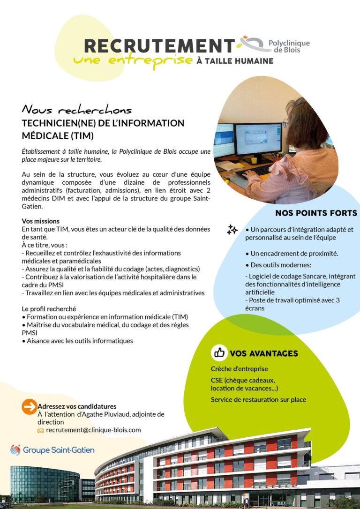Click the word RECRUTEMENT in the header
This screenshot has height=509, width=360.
[x=159, y=45]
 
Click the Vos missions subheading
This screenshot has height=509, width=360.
[x=41, y=221]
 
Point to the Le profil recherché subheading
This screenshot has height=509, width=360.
[x=49, y=309]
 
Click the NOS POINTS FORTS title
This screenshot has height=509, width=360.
[x=316, y=213]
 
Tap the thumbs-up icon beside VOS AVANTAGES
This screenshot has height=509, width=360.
[x=219, y=353]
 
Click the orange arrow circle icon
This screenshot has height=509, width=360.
[x=29, y=407]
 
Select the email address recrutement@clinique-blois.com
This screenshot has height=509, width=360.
[x=93, y=430]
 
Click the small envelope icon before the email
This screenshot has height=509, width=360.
[x=40, y=430]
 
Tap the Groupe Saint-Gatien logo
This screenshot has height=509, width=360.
[x=52, y=450]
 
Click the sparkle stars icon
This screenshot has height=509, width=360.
[x=232, y=230]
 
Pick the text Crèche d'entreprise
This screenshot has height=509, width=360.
[x=239, y=369]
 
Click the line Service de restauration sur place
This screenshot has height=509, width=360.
[x=258, y=399]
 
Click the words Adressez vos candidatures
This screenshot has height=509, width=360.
[x=77, y=406]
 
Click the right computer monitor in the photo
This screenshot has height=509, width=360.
[x=258, y=139]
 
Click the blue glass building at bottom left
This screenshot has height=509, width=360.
[x=45, y=483]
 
